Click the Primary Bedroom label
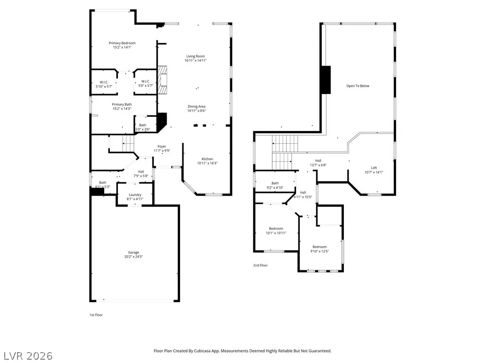tap(122, 43)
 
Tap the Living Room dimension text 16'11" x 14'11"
tap(196, 60)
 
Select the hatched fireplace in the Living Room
tap(162, 79)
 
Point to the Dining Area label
tap(197, 106)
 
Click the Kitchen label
tap(207, 159)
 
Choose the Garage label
tap(134, 252)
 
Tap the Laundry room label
tap(135, 195)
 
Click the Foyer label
tap(162, 147)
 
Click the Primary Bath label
tap(122, 104)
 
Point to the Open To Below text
tap(358, 86)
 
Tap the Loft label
tap(374, 168)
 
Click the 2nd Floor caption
tap(260, 265)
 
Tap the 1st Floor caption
tap(96, 315)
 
